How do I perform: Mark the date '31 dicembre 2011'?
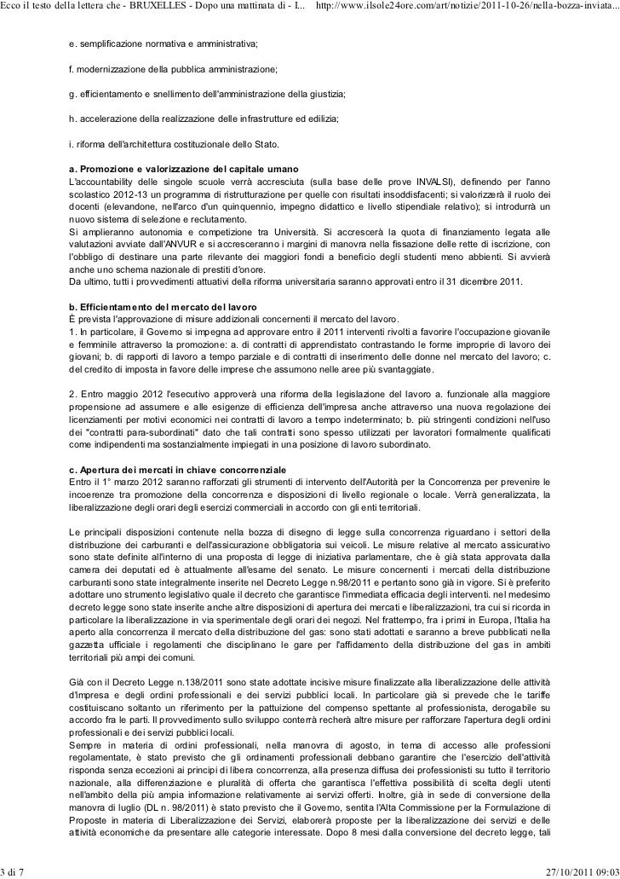pyautogui.click(x=485, y=281)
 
